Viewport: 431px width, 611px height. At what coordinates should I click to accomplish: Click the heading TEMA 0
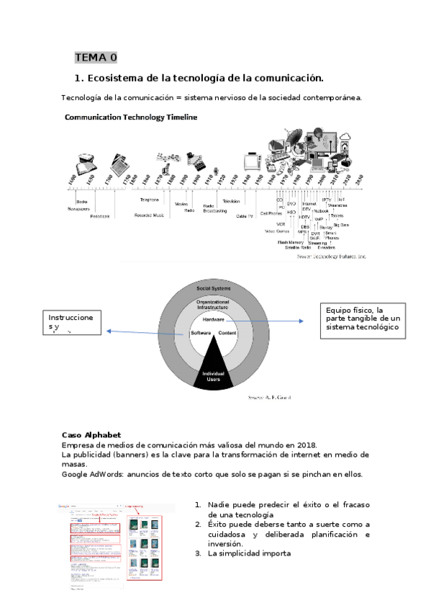pos(96,58)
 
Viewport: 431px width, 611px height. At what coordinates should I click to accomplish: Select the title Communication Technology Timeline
pos(131,117)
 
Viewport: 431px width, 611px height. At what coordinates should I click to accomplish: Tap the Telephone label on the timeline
pos(150,200)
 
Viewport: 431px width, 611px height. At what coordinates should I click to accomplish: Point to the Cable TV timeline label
pos(245,215)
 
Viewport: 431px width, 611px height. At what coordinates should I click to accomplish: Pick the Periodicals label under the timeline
pos(100,216)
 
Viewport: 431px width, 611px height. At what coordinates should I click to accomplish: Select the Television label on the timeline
pos(231,201)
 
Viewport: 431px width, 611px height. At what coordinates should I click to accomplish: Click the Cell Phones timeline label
pos(271,213)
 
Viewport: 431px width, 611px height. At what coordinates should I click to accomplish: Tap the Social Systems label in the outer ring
pos(214,288)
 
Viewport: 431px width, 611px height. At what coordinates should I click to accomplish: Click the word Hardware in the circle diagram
pos(214,318)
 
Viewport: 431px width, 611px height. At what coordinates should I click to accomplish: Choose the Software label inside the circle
pos(200,334)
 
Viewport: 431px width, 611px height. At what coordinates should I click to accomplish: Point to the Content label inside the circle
pos(227,334)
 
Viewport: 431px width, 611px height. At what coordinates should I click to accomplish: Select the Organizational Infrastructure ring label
pos(214,304)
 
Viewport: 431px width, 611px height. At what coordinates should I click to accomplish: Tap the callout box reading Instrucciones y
pos(71,322)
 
